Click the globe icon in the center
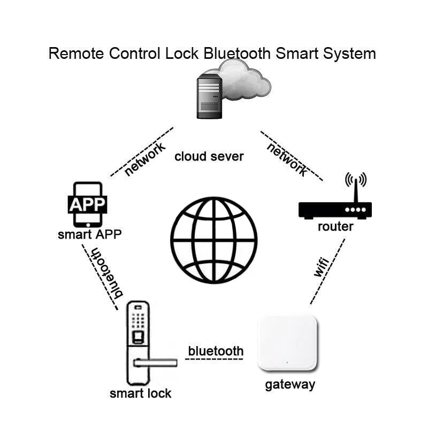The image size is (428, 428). (214, 240)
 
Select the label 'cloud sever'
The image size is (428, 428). (209, 157)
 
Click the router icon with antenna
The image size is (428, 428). (334, 201)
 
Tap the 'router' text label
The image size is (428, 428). (335, 226)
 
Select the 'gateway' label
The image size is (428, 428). (290, 384)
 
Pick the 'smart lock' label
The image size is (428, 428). (140, 394)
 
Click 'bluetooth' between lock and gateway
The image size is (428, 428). (216, 351)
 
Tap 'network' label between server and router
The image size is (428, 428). (287, 159)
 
